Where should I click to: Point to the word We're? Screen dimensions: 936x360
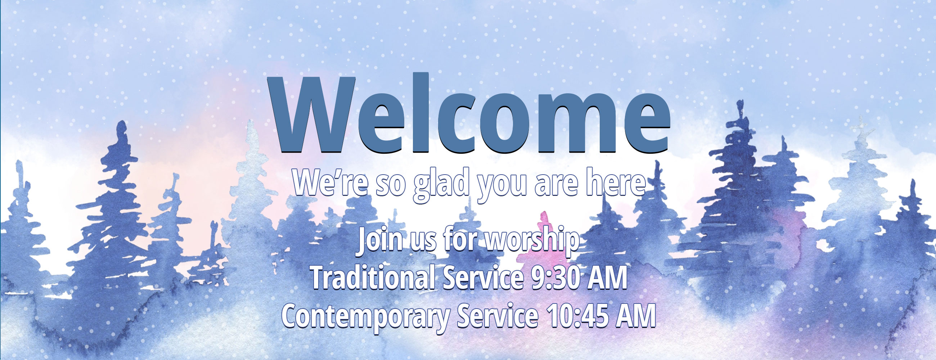pyautogui.click(x=329, y=183)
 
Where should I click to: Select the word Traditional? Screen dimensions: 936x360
pyautogui.click(x=373, y=277)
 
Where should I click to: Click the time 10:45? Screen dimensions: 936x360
pyautogui.click(x=579, y=315)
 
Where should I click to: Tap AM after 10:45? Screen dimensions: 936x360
pyautogui.click(x=636, y=315)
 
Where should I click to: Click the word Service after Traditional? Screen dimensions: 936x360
pyautogui.click(x=483, y=277)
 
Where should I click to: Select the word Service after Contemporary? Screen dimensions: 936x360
pyautogui.click(x=498, y=315)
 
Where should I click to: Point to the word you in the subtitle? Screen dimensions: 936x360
pyautogui.click(x=502, y=186)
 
